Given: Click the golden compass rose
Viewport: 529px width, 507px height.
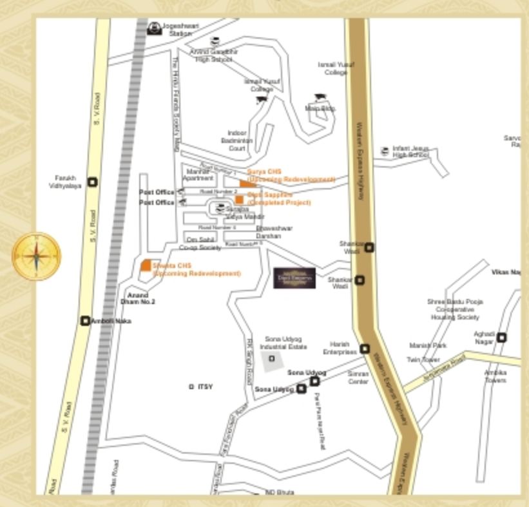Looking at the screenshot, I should (37, 256).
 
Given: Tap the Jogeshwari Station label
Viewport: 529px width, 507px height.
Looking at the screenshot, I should (180, 30).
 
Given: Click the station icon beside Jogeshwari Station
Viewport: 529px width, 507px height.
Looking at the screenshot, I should (155, 28).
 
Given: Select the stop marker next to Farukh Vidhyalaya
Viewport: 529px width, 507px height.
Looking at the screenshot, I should (93, 182).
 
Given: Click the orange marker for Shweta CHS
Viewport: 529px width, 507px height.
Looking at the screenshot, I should (146, 265).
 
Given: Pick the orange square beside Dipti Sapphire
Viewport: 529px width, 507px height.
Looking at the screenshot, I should (239, 199).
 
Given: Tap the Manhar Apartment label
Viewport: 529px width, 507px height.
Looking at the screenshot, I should (197, 175).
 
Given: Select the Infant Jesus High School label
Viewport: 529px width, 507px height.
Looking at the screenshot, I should (410, 152).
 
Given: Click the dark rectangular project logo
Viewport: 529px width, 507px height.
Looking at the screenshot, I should (294, 278).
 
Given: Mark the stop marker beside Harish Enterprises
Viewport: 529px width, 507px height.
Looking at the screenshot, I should (365, 349).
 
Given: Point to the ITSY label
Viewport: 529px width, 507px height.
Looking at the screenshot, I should (205, 387).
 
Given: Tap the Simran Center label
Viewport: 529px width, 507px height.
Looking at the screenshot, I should (358, 378).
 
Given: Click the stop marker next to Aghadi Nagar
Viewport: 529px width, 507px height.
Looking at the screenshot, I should (502, 337).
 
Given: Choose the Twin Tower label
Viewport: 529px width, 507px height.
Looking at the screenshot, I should (423, 360).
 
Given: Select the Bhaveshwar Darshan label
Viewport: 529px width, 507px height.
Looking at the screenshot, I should (274, 232).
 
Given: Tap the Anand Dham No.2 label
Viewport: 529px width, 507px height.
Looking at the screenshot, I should (138, 298).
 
